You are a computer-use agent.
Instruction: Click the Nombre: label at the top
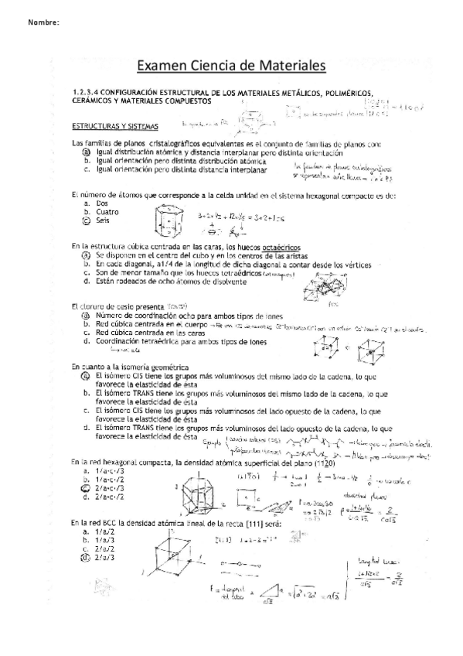[x=44, y=22]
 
